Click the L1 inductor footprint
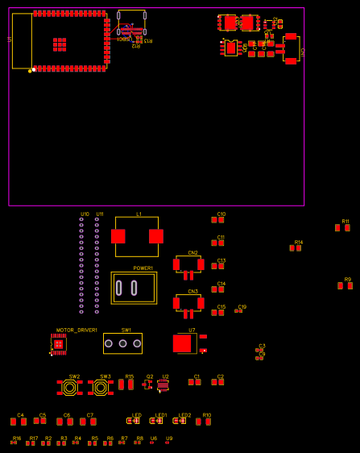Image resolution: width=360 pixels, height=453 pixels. (137, 236)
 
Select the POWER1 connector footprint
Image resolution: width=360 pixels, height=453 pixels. (134, 288)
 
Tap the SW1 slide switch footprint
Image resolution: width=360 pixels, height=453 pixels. (122, 343)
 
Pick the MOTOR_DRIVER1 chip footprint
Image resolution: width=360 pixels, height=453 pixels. (58, 344)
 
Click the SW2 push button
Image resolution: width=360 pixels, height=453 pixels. (70, 388)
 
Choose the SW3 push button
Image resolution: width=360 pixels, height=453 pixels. (101, 388)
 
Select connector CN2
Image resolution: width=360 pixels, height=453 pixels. (188, 264)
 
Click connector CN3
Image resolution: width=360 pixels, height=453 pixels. (188, 303)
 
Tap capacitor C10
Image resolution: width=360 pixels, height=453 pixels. (217, 220)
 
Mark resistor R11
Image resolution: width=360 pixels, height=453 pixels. (342, 228)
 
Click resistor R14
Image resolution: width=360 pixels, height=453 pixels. (296, 248)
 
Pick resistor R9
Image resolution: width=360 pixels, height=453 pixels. (345, 286)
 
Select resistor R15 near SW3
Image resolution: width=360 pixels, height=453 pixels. (126, 385)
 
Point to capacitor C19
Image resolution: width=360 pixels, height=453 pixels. (238, 310)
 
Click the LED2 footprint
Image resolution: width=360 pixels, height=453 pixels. (180, 421)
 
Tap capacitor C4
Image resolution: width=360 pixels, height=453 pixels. (19, 422)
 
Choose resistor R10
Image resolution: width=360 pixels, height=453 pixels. (203, 422)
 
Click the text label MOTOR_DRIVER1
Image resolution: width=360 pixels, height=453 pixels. (77, 330)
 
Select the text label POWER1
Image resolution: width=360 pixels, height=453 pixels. (143, 268)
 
